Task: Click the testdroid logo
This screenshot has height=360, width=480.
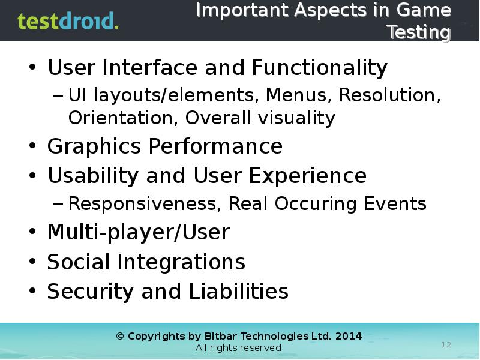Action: [68, 21]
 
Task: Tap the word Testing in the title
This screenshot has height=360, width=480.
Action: [418, 32]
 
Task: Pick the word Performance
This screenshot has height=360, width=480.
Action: [215, 146]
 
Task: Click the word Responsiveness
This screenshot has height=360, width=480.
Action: [145, 204]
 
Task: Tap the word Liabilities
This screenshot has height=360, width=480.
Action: [238, 292]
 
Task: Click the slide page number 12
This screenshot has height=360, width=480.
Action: [446, 344]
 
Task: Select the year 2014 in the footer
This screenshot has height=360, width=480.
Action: [349, 336]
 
